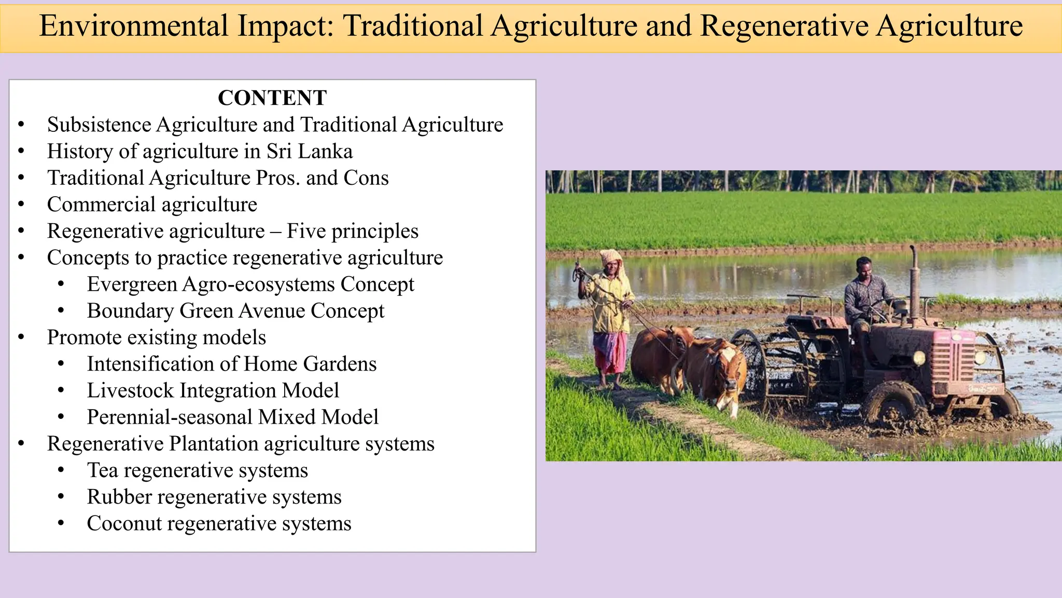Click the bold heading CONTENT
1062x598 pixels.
[x=272, y=98]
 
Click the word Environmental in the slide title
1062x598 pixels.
[x=133, y=26]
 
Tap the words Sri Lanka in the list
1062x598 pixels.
[x=310, y=151]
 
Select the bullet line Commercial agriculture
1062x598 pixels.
[x=152, y=205]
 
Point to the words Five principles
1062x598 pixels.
[x=353, y=231]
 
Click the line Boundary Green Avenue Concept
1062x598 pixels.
[x=235, y=311]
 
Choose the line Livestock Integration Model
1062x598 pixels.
[x=213, y=390]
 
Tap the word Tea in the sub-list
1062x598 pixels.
[x=102, y=470]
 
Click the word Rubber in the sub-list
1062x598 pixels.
[x=119, y=497]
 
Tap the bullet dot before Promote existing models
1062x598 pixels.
[x=21, y=337]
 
